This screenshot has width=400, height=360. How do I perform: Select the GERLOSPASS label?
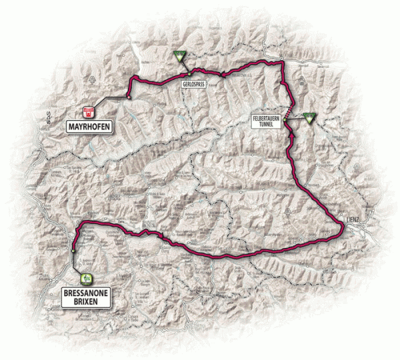coord(192,86)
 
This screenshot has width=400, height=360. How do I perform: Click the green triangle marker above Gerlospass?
coord(179,57)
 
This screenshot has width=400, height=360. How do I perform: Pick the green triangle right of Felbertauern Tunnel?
coord(309,119)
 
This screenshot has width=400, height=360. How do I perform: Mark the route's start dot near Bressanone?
coord(73,251)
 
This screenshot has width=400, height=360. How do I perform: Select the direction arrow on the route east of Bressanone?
coord(142,233)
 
